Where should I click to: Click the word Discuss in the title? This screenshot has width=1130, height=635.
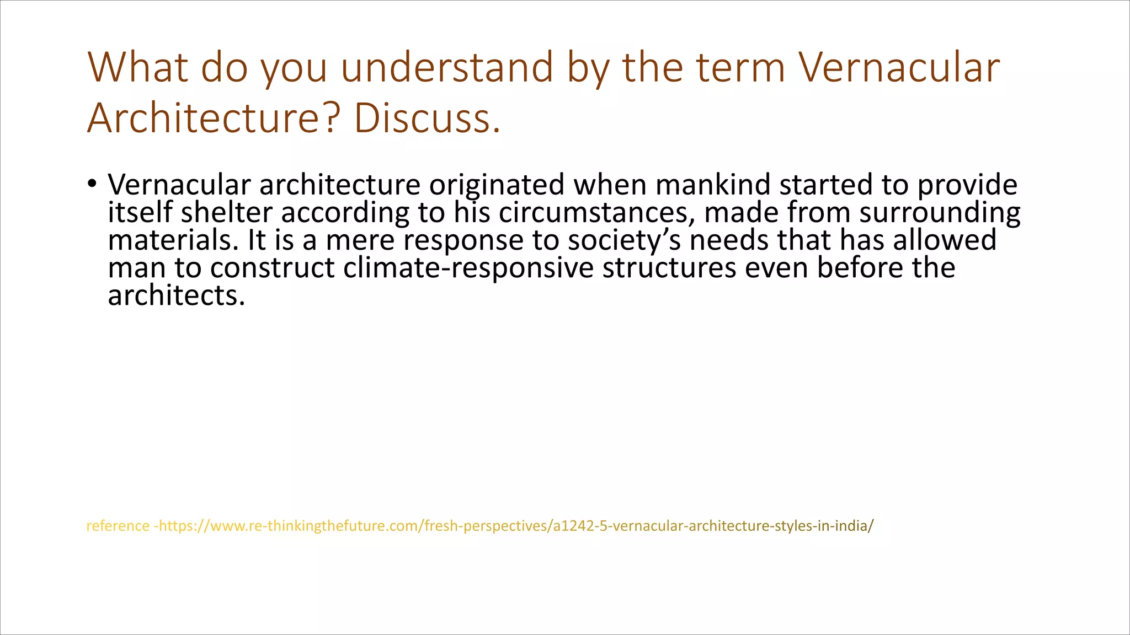(x=427, y=118)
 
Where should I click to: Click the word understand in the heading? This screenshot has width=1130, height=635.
(x=447, y=67)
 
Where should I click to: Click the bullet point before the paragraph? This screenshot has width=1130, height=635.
(x=92, y=184)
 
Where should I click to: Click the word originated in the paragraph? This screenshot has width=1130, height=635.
(x=497, y=185)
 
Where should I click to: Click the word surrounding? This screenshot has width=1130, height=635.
(x=940, y=212)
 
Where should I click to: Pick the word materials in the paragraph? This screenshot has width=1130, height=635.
(x=173, y=240)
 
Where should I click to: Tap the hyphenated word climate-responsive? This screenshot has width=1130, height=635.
(x=468, y=268)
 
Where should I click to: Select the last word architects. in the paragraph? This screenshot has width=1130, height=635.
(x=176, y=296)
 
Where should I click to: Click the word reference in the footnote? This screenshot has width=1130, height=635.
(x=118, y=526)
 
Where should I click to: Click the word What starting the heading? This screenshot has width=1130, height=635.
(x=138, y=67)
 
